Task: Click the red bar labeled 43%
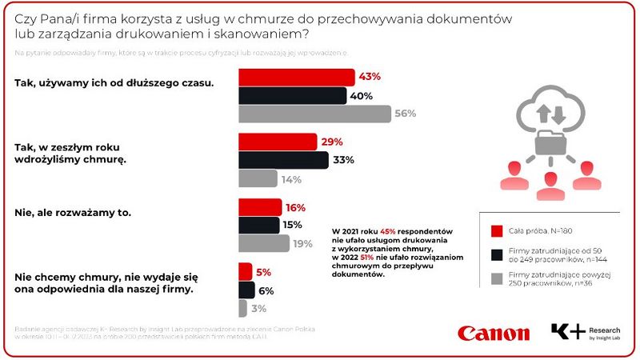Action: (297, 77)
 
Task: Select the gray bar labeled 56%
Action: (315, 114)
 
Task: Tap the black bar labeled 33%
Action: (284, 160)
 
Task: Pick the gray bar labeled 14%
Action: (258, 178)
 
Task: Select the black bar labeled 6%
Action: (247, 290)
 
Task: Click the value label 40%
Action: (359, 96)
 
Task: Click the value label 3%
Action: (259, 309)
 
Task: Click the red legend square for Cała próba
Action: (496, 232)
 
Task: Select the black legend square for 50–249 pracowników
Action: (496, 255)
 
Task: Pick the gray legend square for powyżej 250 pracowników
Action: (496, 279)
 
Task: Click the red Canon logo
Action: (494, 333)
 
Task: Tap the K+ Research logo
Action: (585, 332)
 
